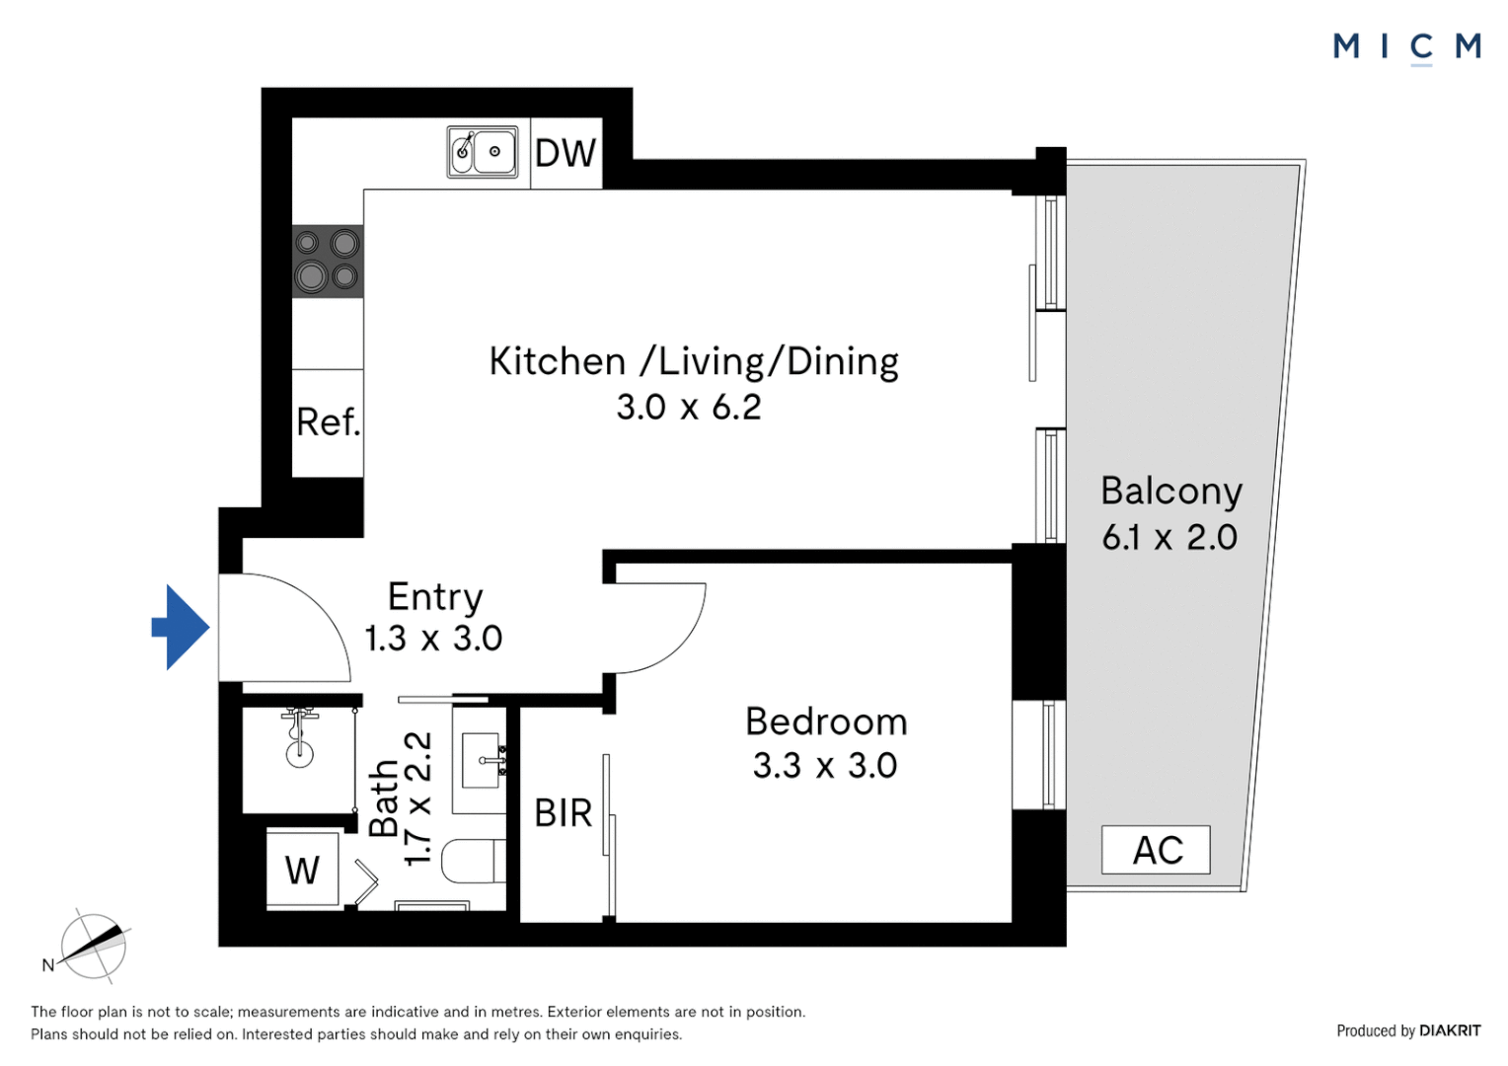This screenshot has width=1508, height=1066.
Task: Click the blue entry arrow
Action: point(182,628)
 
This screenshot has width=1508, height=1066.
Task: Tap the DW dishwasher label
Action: point(565,154)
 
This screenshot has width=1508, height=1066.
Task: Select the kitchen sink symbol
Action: point(483,152)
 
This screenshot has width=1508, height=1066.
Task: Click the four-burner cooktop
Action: point(328,262)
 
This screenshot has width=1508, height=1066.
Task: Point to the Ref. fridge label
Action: point(329,422)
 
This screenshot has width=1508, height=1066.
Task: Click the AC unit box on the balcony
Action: point(1156,850)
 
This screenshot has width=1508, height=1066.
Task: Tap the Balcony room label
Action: point(1171,492)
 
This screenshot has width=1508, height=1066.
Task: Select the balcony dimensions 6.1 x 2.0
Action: point(1169,537)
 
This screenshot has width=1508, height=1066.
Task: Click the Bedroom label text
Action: point(826,722)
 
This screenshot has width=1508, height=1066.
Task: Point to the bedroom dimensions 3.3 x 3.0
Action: point(825,766)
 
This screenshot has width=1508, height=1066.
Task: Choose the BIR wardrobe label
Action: point(563,813)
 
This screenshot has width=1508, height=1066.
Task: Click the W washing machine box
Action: point(303,869)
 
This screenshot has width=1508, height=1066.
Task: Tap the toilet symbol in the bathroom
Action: point(474,861)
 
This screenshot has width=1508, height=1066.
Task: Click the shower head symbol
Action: point(300,737)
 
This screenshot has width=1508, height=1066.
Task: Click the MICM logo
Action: point(1407,47)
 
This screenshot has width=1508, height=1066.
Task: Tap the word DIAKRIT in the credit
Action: point(1450,1030)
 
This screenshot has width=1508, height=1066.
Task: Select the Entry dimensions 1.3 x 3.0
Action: point(433,639)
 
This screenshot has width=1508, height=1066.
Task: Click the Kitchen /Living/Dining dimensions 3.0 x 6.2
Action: point(689,408)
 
